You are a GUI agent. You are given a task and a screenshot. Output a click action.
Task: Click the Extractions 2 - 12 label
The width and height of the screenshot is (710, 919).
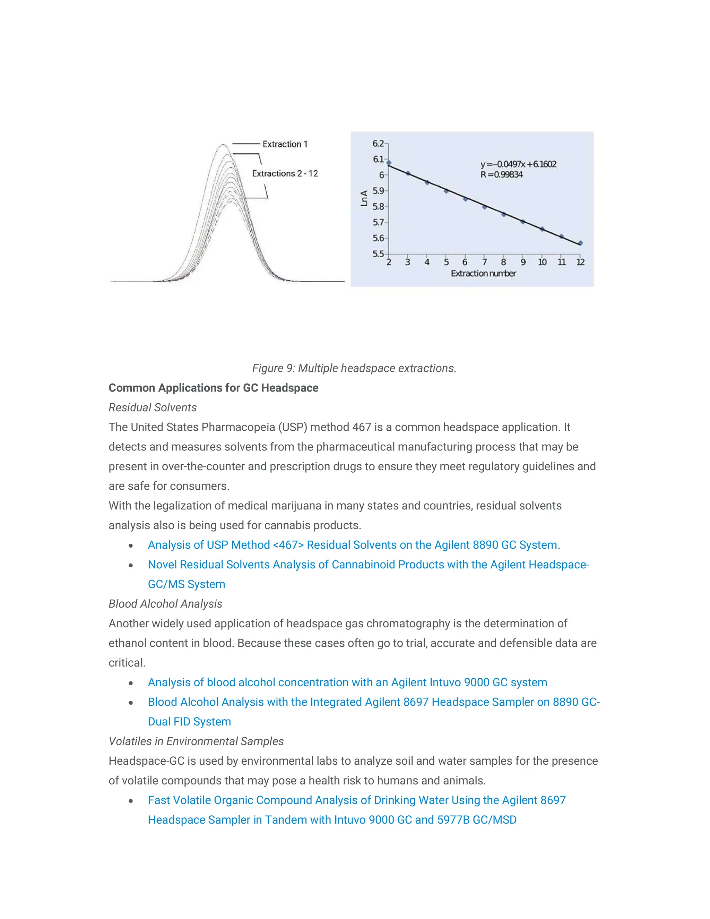285,173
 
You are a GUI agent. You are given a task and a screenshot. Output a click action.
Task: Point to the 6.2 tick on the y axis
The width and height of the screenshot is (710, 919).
378,144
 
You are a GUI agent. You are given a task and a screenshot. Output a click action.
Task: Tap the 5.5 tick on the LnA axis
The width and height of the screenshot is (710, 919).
378,254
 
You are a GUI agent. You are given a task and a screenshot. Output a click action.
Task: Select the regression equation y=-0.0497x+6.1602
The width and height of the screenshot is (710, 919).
518,164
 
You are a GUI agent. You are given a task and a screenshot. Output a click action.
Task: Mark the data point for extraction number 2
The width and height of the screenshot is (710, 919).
389,162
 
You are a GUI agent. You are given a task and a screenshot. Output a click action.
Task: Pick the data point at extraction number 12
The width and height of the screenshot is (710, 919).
580,243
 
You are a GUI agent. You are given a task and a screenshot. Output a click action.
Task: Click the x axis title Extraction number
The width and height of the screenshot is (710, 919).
483,274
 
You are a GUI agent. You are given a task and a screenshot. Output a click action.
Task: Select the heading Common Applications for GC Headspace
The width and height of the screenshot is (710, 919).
213,388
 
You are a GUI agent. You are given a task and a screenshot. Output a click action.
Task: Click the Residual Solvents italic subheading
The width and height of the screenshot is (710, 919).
153,407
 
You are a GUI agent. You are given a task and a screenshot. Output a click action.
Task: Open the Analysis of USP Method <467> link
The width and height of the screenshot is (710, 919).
353,545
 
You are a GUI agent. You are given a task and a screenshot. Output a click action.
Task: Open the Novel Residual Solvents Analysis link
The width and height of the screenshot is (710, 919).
368,565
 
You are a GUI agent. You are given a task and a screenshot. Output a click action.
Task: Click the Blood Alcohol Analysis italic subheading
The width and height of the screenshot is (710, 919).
165,604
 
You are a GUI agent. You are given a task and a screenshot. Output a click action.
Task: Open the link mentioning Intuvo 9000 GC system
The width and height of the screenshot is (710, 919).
347,682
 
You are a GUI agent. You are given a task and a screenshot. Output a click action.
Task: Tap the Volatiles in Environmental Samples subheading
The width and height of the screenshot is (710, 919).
196,741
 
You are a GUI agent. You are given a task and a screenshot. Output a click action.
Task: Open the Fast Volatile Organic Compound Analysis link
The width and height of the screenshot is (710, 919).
357,800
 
